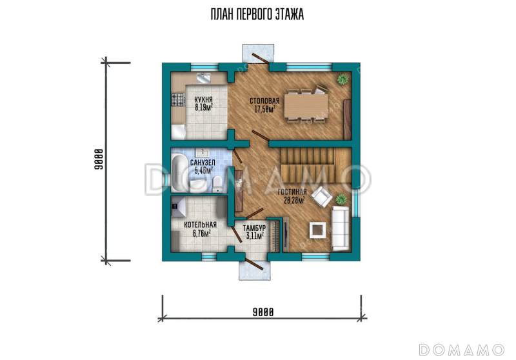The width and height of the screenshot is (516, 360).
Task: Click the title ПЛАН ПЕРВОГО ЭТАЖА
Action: pyautogui.click(x=257, y=15)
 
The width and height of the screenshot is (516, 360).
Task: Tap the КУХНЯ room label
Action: pyautogui.click(x=203, y=100)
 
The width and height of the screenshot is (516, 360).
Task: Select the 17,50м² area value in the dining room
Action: pyautogui.click(x=264, y=110)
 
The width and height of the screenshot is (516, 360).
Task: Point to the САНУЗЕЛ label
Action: pyautogui.click(x=203, y=163)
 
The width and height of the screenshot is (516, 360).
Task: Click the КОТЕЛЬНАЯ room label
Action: pyautogui.click(x=200, y=225)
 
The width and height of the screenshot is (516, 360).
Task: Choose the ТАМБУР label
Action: pyautogui.click(x=254, y=228)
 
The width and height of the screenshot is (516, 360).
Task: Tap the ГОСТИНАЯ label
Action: pyautogui.click(x=292, y=192)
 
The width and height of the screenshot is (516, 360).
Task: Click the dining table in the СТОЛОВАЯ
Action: pyautogui.click(x=306, y=106)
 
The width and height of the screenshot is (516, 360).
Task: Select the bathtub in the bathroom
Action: pyautogui.click(x=179, y=174)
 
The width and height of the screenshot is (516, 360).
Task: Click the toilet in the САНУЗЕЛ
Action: pyautogui.click(x=217, y=184)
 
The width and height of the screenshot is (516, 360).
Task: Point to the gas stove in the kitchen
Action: pyautogui.click(x=178, y=100)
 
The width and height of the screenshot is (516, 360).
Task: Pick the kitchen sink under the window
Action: pyautogui.click(x=204, y=78)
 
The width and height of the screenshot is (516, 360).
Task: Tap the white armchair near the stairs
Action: pyautogui.click(x=322, y=197)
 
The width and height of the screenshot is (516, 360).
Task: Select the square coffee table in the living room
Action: pyautogui.click(x=317, y=230)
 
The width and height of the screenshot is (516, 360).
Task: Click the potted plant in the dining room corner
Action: pyautogui.click(x=343, y=79)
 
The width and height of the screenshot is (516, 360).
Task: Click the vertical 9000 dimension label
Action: pyautogui.click(x=99, y=159)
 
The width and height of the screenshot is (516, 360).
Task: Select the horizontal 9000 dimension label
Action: pyautogui.click(x=263, y=312)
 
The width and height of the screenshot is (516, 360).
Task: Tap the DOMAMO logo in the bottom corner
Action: pyautogui.click(x=462, y=350)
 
